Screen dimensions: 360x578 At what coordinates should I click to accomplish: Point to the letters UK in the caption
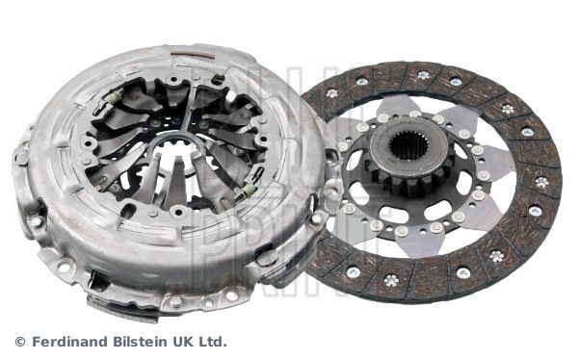(187, 342)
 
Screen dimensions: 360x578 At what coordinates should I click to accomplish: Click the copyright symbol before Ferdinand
(20, 342)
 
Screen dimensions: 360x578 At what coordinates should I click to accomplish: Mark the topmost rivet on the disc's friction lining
(422, 74)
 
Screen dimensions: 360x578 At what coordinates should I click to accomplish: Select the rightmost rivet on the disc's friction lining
(541, 181)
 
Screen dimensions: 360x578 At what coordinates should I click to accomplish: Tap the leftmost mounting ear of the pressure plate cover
(21, 154)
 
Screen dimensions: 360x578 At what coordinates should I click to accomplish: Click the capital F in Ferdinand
(37, 342)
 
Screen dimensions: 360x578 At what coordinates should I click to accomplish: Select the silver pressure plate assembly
(164, 178)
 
